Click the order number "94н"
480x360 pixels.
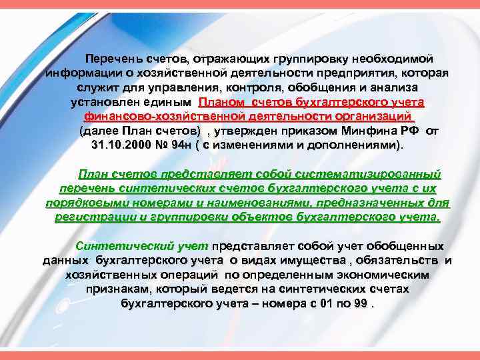(x=191, y=145)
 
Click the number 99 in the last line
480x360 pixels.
(x=360, y=303)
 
